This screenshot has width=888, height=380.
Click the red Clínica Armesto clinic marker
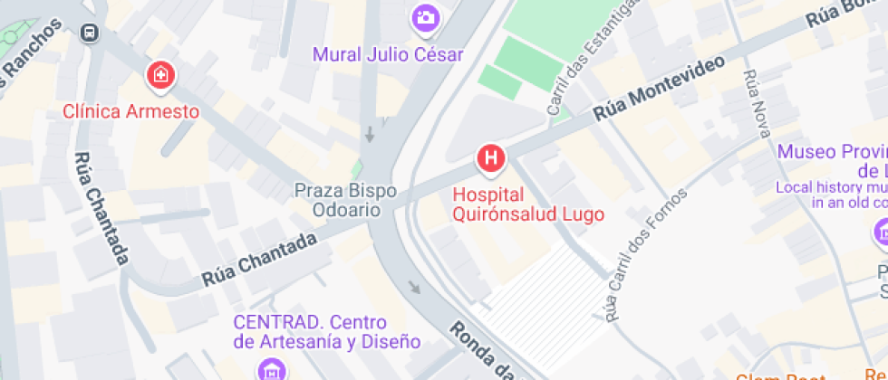point(161,77)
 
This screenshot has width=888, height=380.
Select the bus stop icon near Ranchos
point(91,33)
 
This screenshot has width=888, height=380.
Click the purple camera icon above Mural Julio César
point(425,17)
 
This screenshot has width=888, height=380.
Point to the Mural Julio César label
point(388,54)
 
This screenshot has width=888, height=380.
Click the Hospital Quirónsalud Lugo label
point(515,204)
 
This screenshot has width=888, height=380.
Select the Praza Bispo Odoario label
point(338,200)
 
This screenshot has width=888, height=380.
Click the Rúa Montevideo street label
point(660,89)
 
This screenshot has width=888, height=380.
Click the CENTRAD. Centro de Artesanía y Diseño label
point(326,332)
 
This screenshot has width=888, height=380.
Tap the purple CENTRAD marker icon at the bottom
point(270,369)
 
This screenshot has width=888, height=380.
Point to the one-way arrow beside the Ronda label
point(414,290)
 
